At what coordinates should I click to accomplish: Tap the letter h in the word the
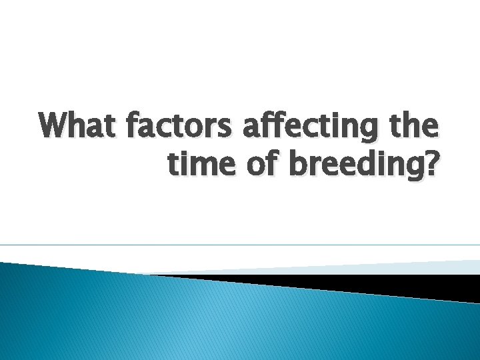416,125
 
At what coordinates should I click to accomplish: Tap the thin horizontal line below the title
240,245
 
